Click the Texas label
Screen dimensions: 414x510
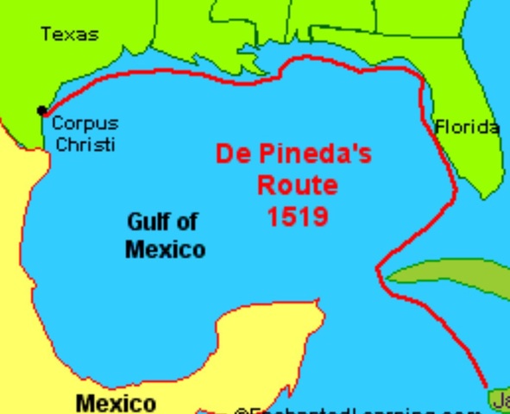coord(70,34)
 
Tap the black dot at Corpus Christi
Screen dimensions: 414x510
coord(41,110)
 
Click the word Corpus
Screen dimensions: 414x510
coord(85,123)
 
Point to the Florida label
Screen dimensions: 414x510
coord(467,128)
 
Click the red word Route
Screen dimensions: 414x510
coord(297,185)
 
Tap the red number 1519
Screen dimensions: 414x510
coord(297,216)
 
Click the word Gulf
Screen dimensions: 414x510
coord(148,222)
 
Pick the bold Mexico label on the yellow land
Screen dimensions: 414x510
coord(116,403)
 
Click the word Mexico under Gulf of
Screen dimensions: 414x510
coord(165,250)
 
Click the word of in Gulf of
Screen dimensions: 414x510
coord(186,222)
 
